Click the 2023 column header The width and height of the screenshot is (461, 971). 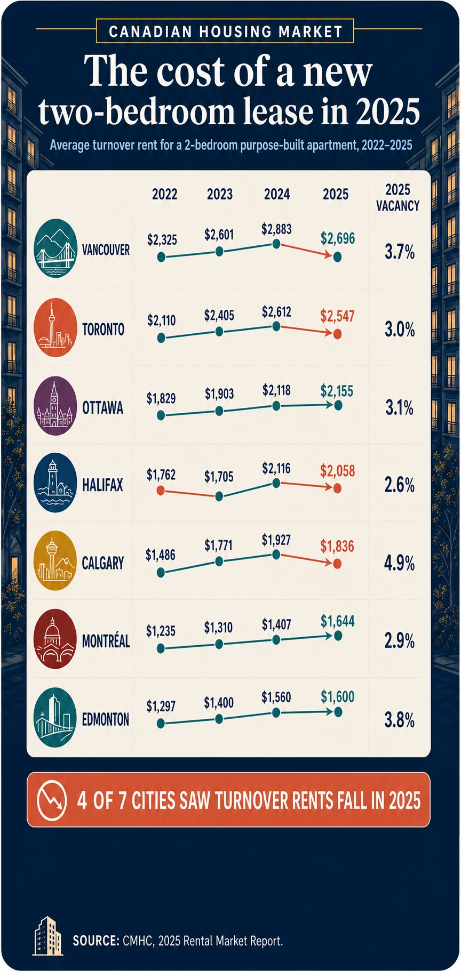220,194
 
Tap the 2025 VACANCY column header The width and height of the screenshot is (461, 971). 398,197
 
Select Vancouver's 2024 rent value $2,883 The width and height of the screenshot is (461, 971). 276,229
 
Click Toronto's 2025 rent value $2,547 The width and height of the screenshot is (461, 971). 337,316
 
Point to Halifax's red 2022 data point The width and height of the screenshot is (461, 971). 161,491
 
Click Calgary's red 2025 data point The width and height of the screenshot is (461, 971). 337,564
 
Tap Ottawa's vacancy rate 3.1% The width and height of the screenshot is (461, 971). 399,408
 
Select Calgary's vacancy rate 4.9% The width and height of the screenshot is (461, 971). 399,563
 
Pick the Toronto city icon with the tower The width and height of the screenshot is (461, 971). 55,328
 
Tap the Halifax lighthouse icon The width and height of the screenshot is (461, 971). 55,483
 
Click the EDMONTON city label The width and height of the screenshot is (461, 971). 106,719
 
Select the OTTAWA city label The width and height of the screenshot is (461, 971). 102,408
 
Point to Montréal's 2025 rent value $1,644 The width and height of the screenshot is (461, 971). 337,621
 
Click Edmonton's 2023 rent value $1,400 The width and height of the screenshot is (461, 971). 219,703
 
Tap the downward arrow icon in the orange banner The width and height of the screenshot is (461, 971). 52,800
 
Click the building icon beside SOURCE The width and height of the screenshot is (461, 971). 46,936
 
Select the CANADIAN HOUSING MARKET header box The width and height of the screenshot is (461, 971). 225,31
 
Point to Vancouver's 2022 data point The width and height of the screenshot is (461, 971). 161,258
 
